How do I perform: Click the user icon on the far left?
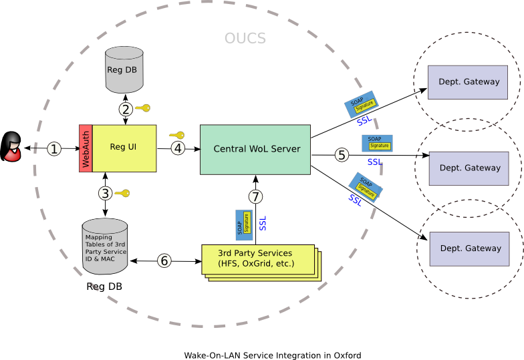tap(11, 148)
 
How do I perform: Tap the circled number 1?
tap(54, 148)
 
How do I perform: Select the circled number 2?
tap(126, 109)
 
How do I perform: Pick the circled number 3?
tap(105, 194)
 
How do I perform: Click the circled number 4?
tap(177, 148)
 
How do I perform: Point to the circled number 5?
tap(342, 155)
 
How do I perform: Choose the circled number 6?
tap(164, 260)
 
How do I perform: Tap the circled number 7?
tap(255, 196)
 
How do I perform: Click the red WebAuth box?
tap(86, 148)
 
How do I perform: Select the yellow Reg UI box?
tap(124, 148)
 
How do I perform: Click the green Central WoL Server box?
tap(255, 149)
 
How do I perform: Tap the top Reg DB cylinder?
tap(125, 69)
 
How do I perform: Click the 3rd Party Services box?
tap(257, 258)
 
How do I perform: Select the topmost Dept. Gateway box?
tap(468, 82)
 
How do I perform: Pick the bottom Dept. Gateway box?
tap(469, 248)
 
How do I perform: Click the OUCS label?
tap(245, 39)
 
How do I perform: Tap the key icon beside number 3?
tap(122, 194)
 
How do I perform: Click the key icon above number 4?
tap(176, 135)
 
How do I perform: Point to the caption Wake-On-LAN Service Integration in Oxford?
tap(273, 355)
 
